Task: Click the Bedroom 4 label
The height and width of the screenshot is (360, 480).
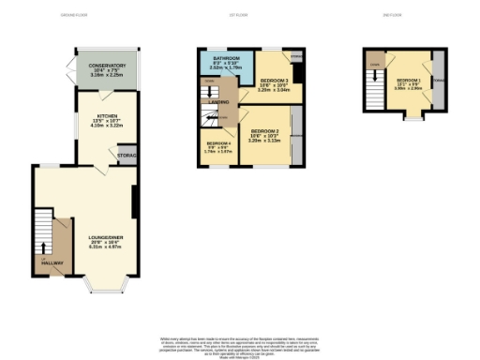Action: point(217,145)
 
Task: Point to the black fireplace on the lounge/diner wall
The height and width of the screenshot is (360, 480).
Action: point(136,200)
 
